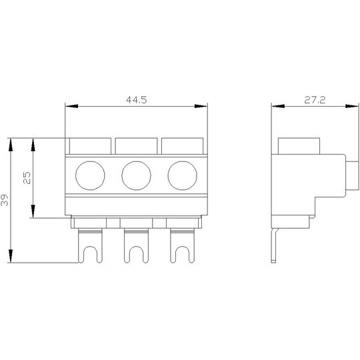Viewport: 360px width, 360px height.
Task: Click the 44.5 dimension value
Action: pyautogui.click(x=137, y=100)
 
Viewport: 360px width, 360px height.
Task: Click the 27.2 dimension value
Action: pyautogui.click(x=315, y=100)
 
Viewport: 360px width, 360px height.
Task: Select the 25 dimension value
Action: pyautogui.click(x=27, y=178)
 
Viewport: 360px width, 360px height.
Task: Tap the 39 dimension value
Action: pyautogui.click(x=5, y=200)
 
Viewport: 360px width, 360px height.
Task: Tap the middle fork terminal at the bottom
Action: pyautogui.click(x=126, y=245)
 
